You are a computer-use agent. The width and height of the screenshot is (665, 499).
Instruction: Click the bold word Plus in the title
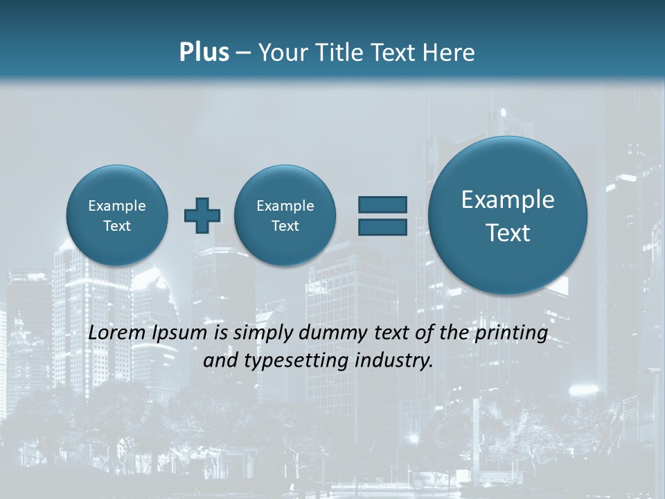(x=204, y=53)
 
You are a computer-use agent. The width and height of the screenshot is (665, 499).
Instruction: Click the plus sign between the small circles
(x=202, y=215)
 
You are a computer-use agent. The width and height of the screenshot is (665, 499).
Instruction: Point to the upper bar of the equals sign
(x=382, y=204)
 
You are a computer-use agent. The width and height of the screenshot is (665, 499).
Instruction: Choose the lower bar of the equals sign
(x=382, y=227)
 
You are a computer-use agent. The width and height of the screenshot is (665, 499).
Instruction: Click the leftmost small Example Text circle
(x=117, y=215)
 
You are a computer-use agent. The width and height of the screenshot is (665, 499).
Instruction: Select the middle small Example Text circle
(x=285, y=215)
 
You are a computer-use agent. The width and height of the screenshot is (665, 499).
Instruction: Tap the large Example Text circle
(x=508, y=216)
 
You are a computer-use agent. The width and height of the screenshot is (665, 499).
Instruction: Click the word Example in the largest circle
(x=508, y=200)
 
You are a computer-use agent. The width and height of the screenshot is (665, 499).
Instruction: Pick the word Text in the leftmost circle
(x=117, y=226)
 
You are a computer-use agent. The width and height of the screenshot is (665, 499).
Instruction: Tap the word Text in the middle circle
(x=285, y=226)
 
